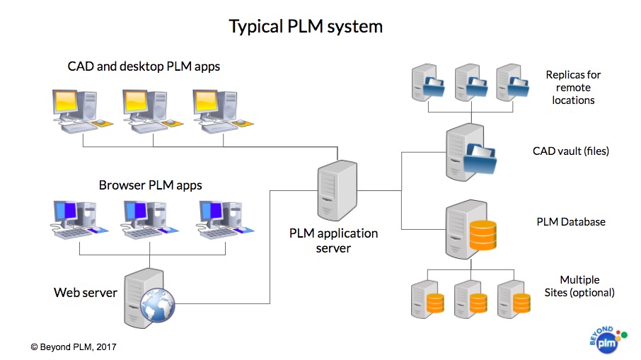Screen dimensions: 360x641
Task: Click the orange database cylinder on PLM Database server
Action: click(483, 236)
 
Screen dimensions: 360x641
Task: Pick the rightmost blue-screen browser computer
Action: click(219, 218)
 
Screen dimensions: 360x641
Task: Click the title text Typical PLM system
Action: click(306, 27)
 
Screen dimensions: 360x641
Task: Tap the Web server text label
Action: click(86, 292)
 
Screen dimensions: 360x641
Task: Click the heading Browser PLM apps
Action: click(150, 185)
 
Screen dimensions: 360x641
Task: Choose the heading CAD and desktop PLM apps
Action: click(144, 67)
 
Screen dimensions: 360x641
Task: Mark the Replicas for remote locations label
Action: click(573, 87)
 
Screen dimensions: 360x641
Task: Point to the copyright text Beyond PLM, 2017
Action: click(74, 347)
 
